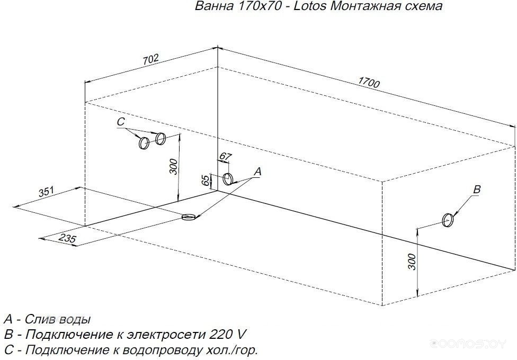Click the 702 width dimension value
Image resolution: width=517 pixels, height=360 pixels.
tap(151, 59)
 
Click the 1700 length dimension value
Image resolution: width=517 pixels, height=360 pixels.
tap(369, 82)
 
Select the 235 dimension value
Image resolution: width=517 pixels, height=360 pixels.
tap(68, 238)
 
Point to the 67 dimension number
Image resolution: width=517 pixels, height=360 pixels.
tap(225, 157)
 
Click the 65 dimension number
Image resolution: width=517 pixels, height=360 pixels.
tap(205, 181)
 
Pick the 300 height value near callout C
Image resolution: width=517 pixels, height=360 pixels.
tap(173, 166)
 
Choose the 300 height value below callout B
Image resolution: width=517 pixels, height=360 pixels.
tap(412, 262)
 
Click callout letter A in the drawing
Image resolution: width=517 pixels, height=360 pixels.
tap(257, 172)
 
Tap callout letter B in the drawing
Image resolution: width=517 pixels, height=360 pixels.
tap(477, 189)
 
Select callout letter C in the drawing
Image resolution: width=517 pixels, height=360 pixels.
tap(121, 122)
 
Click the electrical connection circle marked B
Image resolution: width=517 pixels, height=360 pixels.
tap(448, 220)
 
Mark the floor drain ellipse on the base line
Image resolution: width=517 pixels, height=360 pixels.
tap(189, 217)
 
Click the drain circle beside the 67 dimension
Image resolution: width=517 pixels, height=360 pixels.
tap(228, 179)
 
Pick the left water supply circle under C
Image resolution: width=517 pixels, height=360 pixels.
tap(144, 143)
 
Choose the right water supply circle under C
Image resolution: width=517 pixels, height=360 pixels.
tap(161, 139)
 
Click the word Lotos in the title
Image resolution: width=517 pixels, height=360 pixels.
tap(309, 6)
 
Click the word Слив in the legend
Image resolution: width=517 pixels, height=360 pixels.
tap(38, 319)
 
